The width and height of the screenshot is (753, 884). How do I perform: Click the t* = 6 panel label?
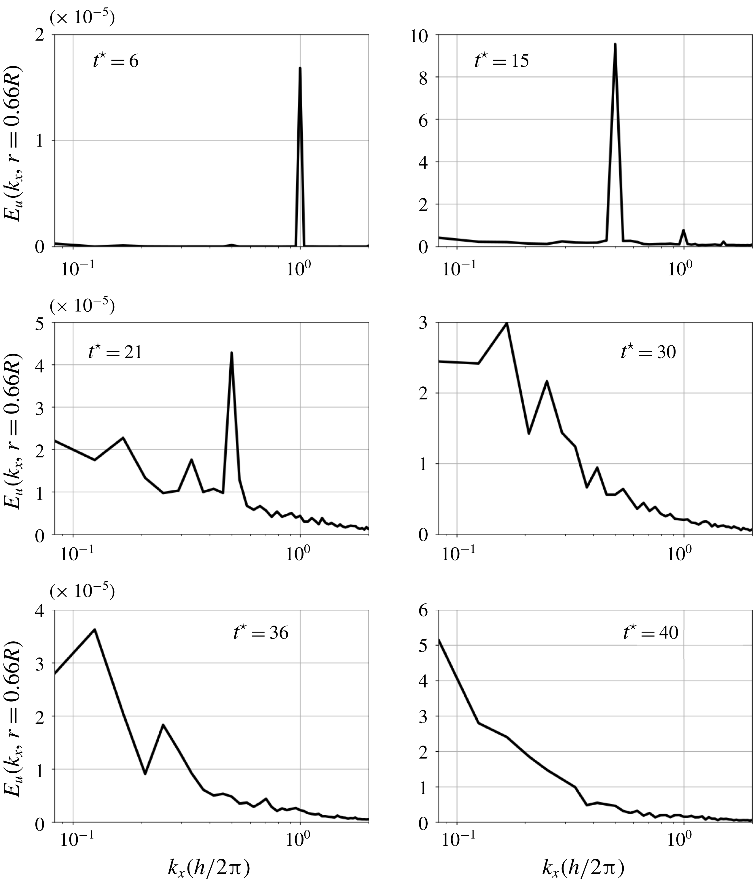[x=116, y=61]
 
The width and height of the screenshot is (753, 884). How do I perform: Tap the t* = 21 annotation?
[x=115, y=353]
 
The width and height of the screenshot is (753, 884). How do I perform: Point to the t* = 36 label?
[x=260, y=632]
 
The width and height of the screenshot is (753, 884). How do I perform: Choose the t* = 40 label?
[x=650, y=632]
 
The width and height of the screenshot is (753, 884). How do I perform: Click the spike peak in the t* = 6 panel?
[x=300, y=68]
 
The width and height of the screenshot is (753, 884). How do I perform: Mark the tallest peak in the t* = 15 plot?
[x=615, y=44]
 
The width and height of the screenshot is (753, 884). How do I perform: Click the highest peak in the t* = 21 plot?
[x=231, y=353]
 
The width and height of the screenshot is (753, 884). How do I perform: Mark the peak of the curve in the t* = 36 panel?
[x=95, y=629]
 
